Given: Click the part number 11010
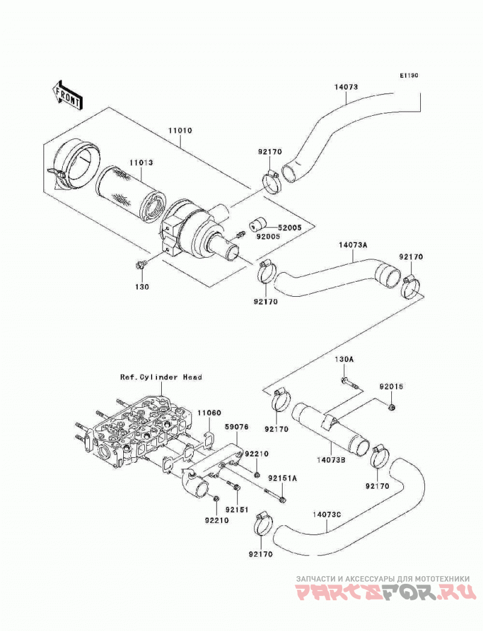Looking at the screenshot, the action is [180, 131].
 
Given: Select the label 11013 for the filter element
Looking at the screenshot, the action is [141, 163].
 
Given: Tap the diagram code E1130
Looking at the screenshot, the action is [409, 75].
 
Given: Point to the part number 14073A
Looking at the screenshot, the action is [353, 245].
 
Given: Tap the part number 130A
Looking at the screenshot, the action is [344, 360].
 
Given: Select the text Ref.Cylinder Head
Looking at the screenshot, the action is [161, 377].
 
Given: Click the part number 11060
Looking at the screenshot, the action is [210, 413].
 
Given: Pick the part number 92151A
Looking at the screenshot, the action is [283, 478].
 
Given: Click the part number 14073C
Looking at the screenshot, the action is [327, 515].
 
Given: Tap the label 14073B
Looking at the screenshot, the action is [331, 458].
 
